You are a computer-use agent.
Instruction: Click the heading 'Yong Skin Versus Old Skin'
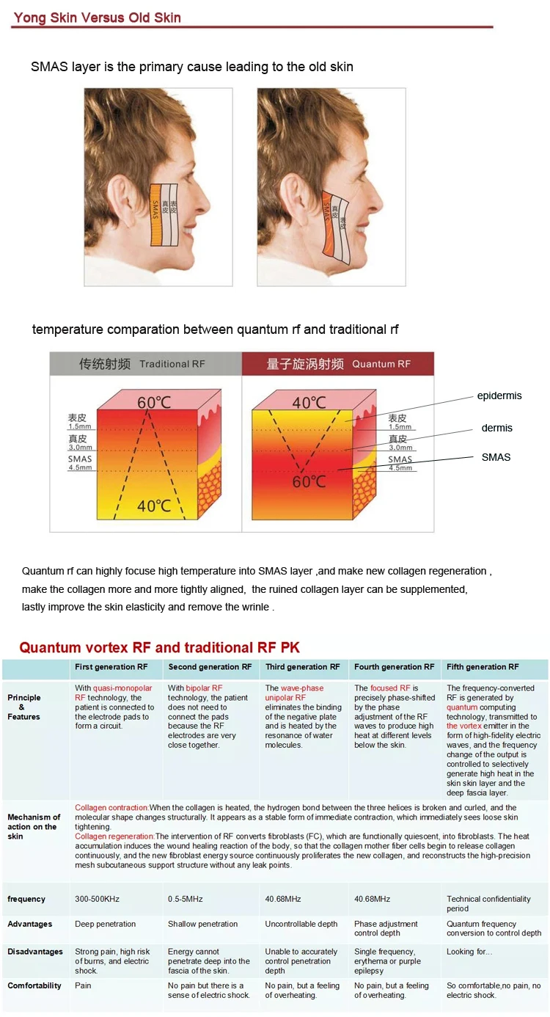97,18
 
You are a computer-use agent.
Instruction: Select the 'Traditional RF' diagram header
145,364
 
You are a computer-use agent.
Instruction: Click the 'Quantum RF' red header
337,364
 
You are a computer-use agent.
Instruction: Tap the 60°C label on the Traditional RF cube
155,403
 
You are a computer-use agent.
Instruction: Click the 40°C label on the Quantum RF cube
309,403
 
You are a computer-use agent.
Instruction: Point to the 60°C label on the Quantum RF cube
309,482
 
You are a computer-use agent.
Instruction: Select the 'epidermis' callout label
499,395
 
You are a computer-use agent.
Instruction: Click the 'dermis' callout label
496,428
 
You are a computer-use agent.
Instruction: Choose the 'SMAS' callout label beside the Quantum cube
496,457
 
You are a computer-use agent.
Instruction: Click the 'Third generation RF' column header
302,667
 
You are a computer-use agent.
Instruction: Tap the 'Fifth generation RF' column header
482,667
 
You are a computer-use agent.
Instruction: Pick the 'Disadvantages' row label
35,952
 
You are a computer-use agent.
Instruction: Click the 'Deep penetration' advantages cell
105,924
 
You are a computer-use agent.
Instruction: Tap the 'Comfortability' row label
34,985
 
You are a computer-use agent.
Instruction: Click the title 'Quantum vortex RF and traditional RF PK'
159,647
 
